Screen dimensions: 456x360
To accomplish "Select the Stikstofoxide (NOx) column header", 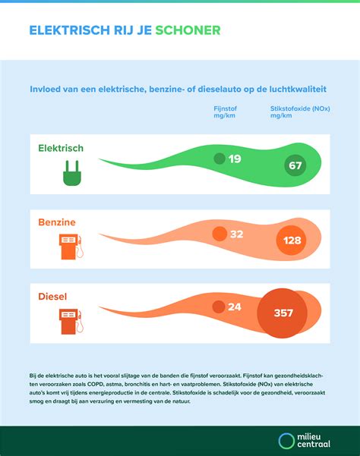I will (x=299, y=113).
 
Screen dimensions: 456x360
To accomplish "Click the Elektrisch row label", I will (x=61, y=148).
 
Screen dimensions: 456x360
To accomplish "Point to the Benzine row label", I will (x=58, y=222).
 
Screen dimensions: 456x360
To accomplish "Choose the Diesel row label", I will (x=54, y=297).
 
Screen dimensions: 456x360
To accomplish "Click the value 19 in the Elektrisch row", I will (x=235, y=159).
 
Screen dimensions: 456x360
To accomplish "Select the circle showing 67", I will (x=295, y=165).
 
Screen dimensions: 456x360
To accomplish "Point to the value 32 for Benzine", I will (x=236, y=234).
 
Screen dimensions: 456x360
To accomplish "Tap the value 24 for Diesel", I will (x=235, y=307).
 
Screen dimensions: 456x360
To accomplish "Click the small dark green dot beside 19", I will (x=219, y=159).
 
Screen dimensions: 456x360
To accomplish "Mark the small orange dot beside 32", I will (x=219, y=234).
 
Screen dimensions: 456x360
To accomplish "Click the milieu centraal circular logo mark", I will (x=286, y=441).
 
